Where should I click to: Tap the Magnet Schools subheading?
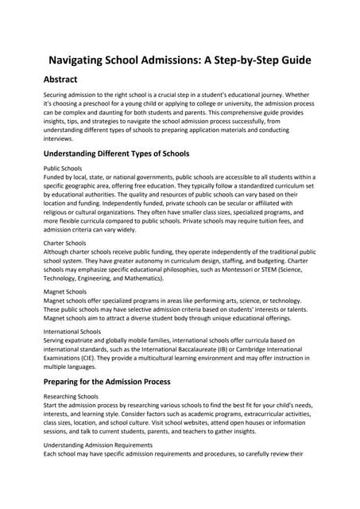click(64, 292)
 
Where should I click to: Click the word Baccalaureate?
click(195, 348)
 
